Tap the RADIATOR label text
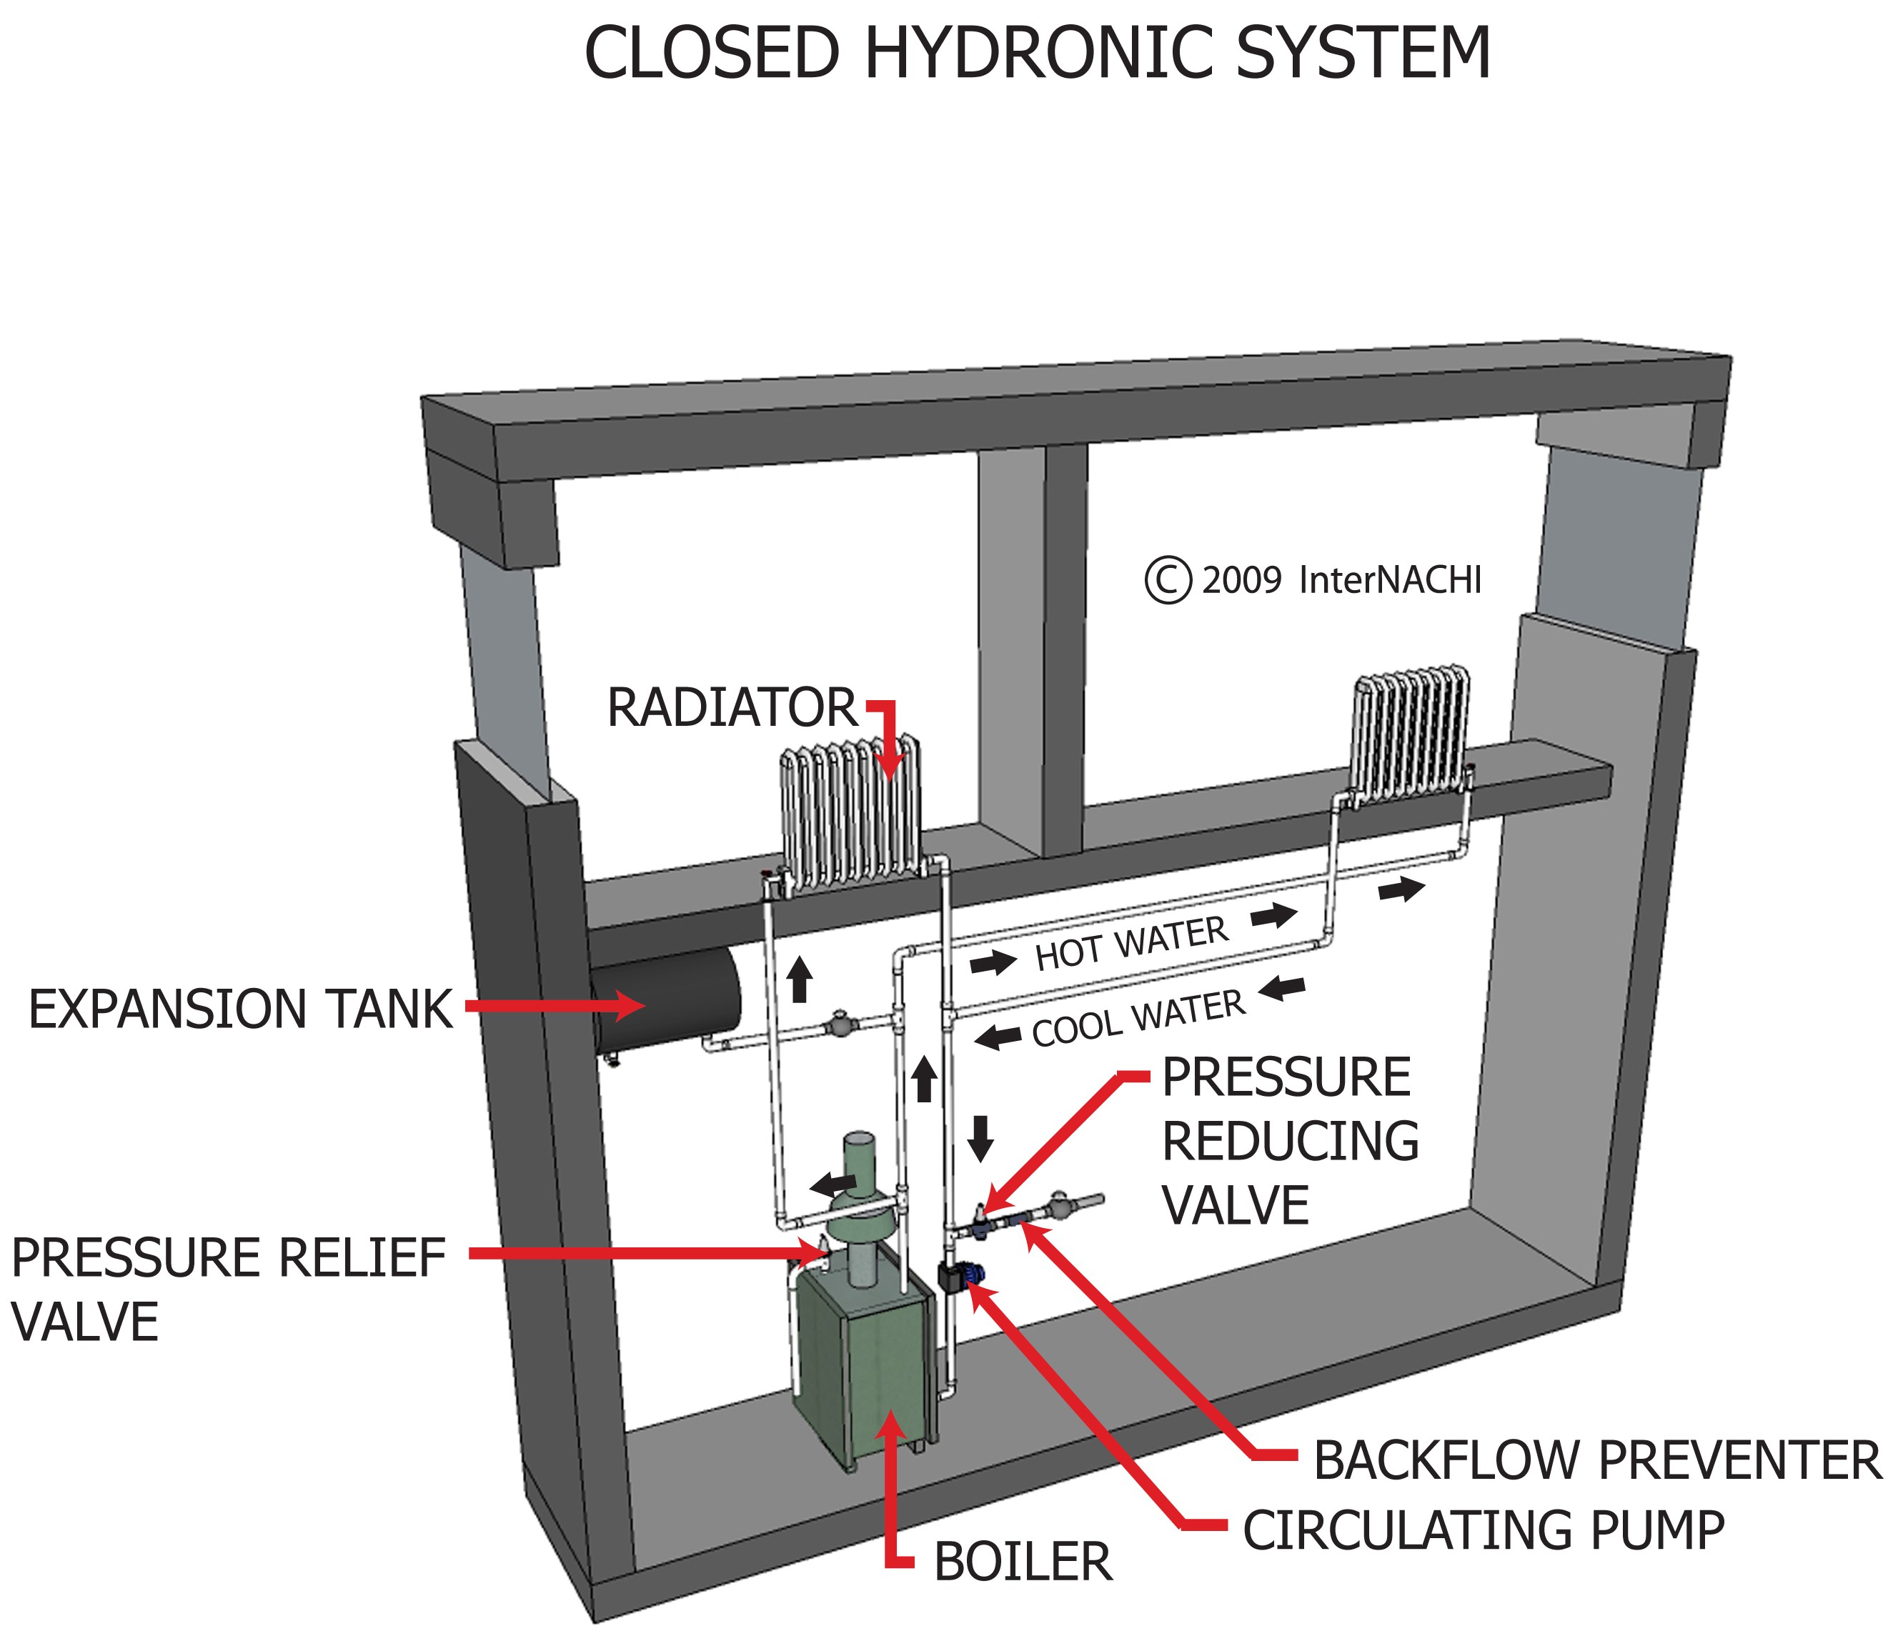tap(731, 708)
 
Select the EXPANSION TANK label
tap(241, 1009)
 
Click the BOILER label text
tap(1022, 1562)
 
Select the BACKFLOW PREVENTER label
tap(1597, 1460)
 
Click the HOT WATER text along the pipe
tap(1131, 944)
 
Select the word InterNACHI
tap(1390, 580)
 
